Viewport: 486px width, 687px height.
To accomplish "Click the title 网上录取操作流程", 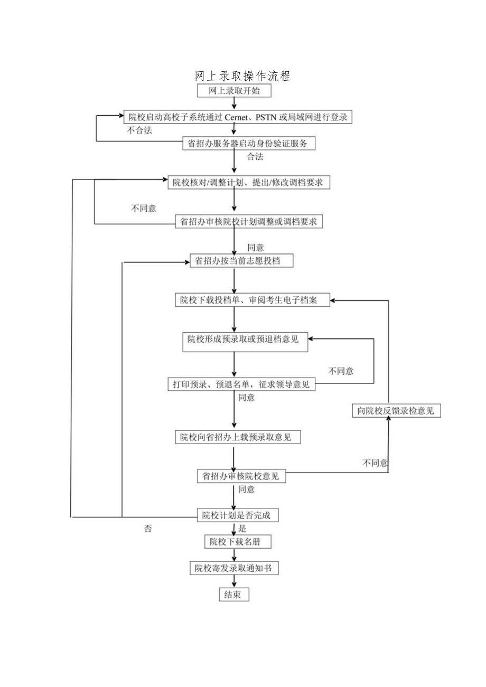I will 243,76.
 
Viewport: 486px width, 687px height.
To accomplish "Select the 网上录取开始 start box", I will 234,91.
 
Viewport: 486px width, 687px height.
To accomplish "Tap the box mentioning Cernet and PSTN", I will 237,117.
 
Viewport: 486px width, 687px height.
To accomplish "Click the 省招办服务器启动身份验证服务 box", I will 248,143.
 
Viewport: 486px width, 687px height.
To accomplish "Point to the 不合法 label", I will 139,130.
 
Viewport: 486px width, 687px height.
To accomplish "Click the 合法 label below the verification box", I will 256,156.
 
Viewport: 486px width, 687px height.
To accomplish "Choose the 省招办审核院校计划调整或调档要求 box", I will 249,222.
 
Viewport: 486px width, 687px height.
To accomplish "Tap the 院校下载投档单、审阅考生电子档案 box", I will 252,300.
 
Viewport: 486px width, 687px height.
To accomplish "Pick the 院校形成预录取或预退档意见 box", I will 243,340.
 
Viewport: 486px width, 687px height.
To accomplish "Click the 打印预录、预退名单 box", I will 241,384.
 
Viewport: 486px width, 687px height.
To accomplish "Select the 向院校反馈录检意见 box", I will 396,411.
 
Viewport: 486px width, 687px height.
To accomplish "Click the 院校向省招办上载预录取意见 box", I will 240,437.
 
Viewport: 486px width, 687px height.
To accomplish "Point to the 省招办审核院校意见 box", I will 241,476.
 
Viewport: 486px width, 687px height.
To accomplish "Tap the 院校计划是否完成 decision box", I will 237,515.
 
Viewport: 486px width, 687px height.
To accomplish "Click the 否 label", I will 148,529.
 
